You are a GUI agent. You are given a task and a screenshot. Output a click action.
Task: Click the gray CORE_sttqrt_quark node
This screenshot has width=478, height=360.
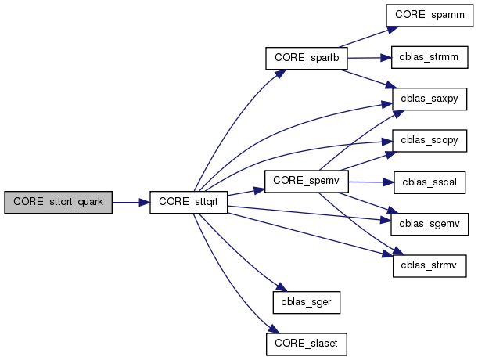58,202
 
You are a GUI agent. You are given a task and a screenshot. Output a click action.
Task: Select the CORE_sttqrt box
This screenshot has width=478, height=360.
188,202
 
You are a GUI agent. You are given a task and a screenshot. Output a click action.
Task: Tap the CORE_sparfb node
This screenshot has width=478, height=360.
306,58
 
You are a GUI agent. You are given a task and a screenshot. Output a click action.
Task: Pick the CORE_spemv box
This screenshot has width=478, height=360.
305,181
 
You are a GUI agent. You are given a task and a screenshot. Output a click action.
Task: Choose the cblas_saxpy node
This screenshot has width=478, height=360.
429,99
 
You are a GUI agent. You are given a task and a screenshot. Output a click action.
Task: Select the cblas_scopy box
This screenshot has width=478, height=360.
429,142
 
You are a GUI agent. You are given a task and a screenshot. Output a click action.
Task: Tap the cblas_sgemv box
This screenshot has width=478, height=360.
429,225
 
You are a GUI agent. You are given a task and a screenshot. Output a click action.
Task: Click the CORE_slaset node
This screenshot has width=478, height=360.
306,342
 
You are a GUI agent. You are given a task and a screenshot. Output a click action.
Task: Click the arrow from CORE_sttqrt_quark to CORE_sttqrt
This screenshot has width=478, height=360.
130,202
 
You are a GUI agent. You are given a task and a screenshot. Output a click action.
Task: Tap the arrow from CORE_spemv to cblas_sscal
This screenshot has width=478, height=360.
368,182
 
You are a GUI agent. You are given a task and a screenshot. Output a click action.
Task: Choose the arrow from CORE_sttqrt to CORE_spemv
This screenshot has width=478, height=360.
247,192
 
